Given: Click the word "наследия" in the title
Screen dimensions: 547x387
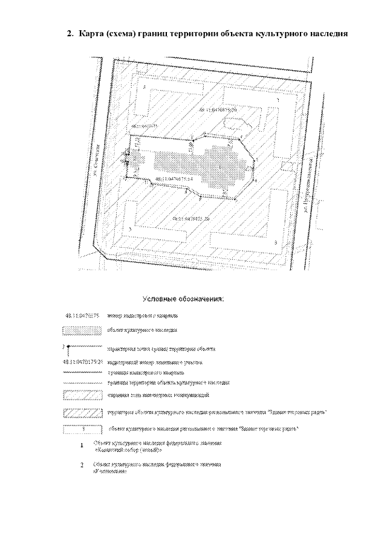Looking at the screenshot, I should tap(327, 34).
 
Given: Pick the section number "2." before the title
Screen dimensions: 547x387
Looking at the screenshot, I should tap(70, 34).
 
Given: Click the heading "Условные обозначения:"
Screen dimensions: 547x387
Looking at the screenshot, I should tap(183, 299).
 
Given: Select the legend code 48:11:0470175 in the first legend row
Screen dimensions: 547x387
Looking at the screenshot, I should tap(82, 316).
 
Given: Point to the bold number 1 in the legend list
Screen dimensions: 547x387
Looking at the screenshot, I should tap(82, 446).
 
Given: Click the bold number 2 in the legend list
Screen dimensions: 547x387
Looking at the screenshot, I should tap(82, 466).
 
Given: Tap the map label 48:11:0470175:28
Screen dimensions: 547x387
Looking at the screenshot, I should tap(190, 217).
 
